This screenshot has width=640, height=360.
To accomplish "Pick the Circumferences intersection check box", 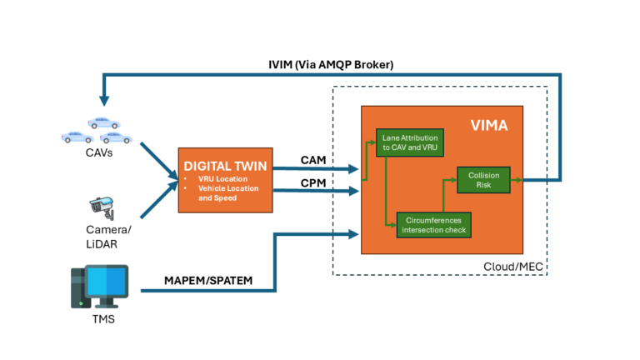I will tap(432, 224).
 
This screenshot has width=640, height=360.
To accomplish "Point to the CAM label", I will tap(314, 160).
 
